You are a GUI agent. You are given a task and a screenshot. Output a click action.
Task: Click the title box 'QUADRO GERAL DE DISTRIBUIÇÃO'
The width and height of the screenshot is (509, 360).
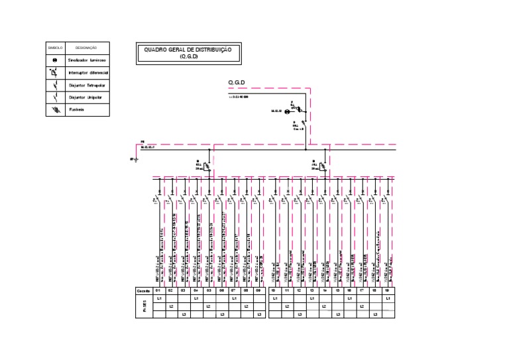pos(188,53)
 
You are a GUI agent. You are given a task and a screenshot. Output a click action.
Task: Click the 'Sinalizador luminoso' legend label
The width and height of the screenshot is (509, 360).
pos(87,60)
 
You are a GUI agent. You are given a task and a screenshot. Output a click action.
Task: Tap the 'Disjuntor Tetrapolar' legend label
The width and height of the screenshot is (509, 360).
pos(87,85)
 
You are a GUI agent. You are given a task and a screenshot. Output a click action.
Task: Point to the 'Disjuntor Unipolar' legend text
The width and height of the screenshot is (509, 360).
pos(86,97)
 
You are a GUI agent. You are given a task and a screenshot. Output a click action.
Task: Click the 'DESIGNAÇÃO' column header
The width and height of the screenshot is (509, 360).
pos(86,48)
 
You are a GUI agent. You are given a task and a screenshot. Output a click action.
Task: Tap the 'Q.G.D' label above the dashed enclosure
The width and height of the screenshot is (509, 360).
pos(237,83)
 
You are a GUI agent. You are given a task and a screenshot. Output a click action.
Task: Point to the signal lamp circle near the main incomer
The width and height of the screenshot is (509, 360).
pos(287,112)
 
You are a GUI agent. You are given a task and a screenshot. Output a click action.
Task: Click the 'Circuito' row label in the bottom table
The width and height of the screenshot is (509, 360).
pos(144,291)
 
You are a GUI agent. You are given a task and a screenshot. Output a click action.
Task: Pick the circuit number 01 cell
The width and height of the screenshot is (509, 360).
pos(158,291)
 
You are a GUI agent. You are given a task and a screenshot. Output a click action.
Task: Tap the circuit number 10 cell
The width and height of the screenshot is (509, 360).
pos(274,291)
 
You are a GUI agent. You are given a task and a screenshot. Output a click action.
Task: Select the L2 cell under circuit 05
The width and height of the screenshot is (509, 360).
pos(208,306)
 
